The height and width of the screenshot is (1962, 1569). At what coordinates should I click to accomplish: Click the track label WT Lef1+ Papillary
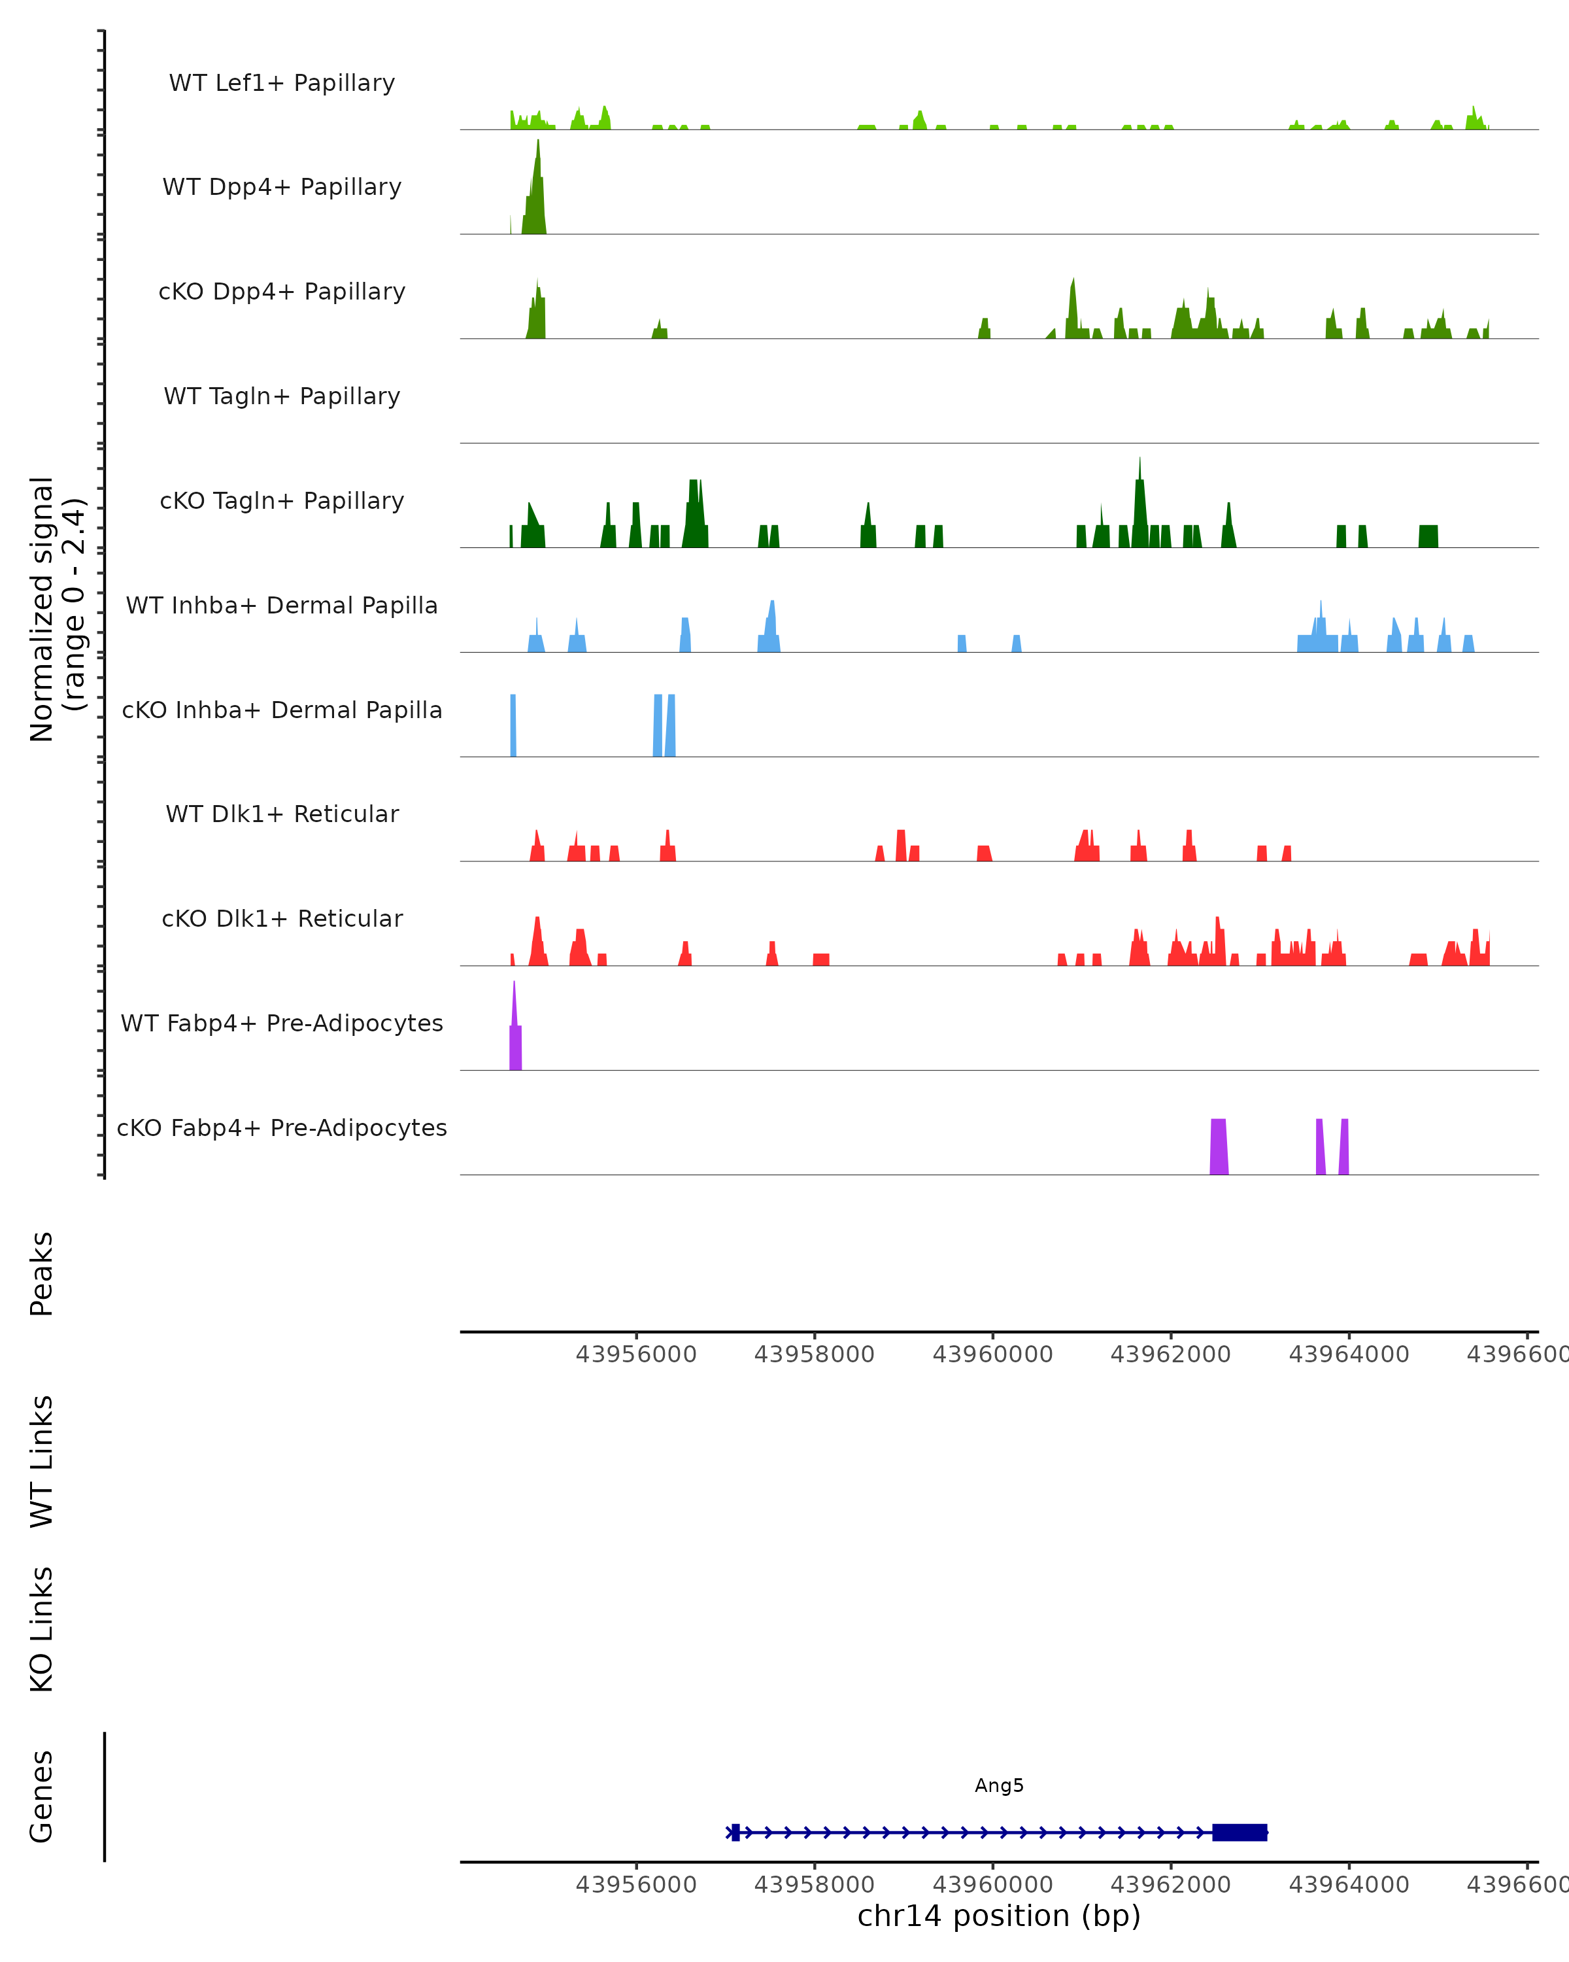282,83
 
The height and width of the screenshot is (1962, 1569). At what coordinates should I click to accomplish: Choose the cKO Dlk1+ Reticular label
282,918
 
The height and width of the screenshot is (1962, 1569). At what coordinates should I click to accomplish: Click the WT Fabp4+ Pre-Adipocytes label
282,1023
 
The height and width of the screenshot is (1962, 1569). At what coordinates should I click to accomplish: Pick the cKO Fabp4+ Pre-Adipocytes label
282,1127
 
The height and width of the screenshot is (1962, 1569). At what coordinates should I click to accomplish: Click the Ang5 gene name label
999,1785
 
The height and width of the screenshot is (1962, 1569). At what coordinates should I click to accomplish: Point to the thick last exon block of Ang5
1239,1832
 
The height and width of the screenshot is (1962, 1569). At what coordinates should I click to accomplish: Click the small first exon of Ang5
735,1832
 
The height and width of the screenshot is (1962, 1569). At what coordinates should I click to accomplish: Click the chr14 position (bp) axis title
999,1916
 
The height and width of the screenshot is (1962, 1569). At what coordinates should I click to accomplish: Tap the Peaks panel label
42,1273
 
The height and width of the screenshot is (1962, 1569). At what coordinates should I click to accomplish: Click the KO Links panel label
42,1629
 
